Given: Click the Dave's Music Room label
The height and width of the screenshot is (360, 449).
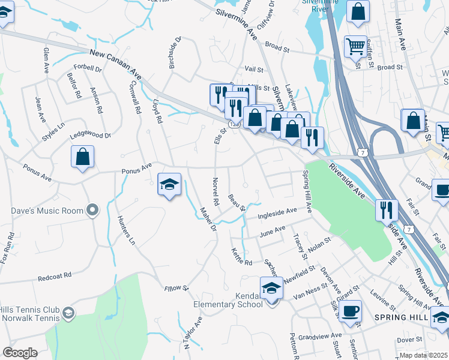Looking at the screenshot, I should click(x=46, y=211).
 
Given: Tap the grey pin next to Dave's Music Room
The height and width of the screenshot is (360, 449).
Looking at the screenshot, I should click(x=92, y=210).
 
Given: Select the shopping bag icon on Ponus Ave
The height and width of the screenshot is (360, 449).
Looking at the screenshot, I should click(x=83, y=158).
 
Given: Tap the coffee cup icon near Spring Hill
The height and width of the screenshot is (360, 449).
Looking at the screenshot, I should click(x=350, y=311).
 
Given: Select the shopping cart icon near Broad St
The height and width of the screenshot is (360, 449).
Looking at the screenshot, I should click(x=355, y=46).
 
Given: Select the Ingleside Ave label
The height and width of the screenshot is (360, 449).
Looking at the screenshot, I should click(x=277, y=213).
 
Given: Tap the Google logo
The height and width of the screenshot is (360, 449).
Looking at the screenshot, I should click(x=20, y=353).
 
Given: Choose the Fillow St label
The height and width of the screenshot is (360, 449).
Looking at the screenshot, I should click(x=176, y=289).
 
